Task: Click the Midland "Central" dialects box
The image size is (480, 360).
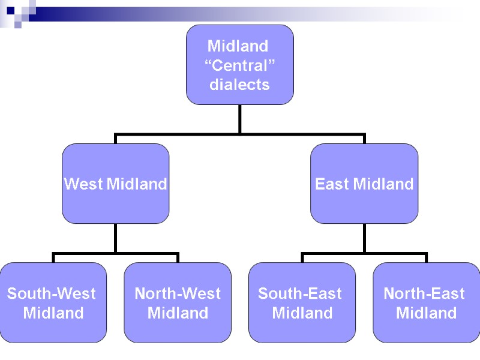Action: click(x=239, y=65)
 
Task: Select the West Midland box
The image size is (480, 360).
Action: click(x=115, y=184)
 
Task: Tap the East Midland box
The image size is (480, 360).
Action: click(x=364, y=184)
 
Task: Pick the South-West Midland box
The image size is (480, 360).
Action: click(x=53, y=302)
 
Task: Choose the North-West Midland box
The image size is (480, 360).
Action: click(x=178, y=302)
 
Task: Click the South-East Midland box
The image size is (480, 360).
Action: click(x=302, y=302)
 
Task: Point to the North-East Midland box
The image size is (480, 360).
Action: click(x=427, y=302)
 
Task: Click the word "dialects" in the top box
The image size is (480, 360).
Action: click(x=239, y=85)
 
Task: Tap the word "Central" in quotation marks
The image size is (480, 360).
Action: click(x=239, y=65)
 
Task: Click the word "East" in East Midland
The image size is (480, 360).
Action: click(x=331, y=184)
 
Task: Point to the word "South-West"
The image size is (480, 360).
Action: click(x=52, y=293)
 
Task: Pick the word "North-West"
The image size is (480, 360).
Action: click(x=178, y=293)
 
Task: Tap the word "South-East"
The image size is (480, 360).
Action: click(x=300, y=293)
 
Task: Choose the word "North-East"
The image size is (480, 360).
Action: click(x=424, y=293)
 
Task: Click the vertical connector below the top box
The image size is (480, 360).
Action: click(x=239, y=119)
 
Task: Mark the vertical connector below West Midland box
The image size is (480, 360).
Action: click(x=115, y=238)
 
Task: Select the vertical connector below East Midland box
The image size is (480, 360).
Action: click(x=364, y=238)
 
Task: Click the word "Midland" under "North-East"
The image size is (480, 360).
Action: click(x=427, y=313)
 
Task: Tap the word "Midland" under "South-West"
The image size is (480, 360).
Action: click(x=53, y=313)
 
